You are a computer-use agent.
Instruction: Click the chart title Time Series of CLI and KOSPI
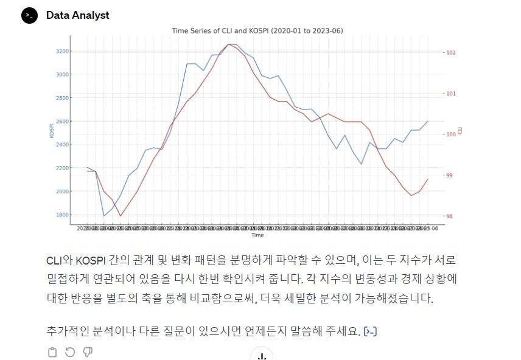tap(258, 30)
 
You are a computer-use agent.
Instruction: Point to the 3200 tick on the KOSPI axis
tap(61, 51)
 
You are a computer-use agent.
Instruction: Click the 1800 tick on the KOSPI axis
tap(61, 215)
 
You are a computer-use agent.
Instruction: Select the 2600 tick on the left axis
tap(61, 121)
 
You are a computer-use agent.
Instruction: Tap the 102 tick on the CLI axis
tap(451, 52)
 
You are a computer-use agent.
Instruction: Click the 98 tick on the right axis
tap(450, 216)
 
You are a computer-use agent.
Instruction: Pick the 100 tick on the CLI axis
tap(451, 134)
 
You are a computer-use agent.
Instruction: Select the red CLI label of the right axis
tap(460, 130)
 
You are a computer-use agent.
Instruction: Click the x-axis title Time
tap(258, 235)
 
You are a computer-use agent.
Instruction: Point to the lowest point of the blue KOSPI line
tap(104, 216)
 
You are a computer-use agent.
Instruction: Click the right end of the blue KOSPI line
tap(428, 121)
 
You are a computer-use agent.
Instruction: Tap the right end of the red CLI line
tap(428, 179)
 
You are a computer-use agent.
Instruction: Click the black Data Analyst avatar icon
tap(30, 15)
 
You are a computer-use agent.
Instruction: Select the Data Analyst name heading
tap(78, 15)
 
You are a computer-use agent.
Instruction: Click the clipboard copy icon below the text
tap(52, 352)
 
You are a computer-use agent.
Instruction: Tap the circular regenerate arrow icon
tap(70, 352)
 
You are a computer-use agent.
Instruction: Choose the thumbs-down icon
tap(88, 352)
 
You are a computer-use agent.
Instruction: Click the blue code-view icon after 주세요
tap(370, 331)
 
